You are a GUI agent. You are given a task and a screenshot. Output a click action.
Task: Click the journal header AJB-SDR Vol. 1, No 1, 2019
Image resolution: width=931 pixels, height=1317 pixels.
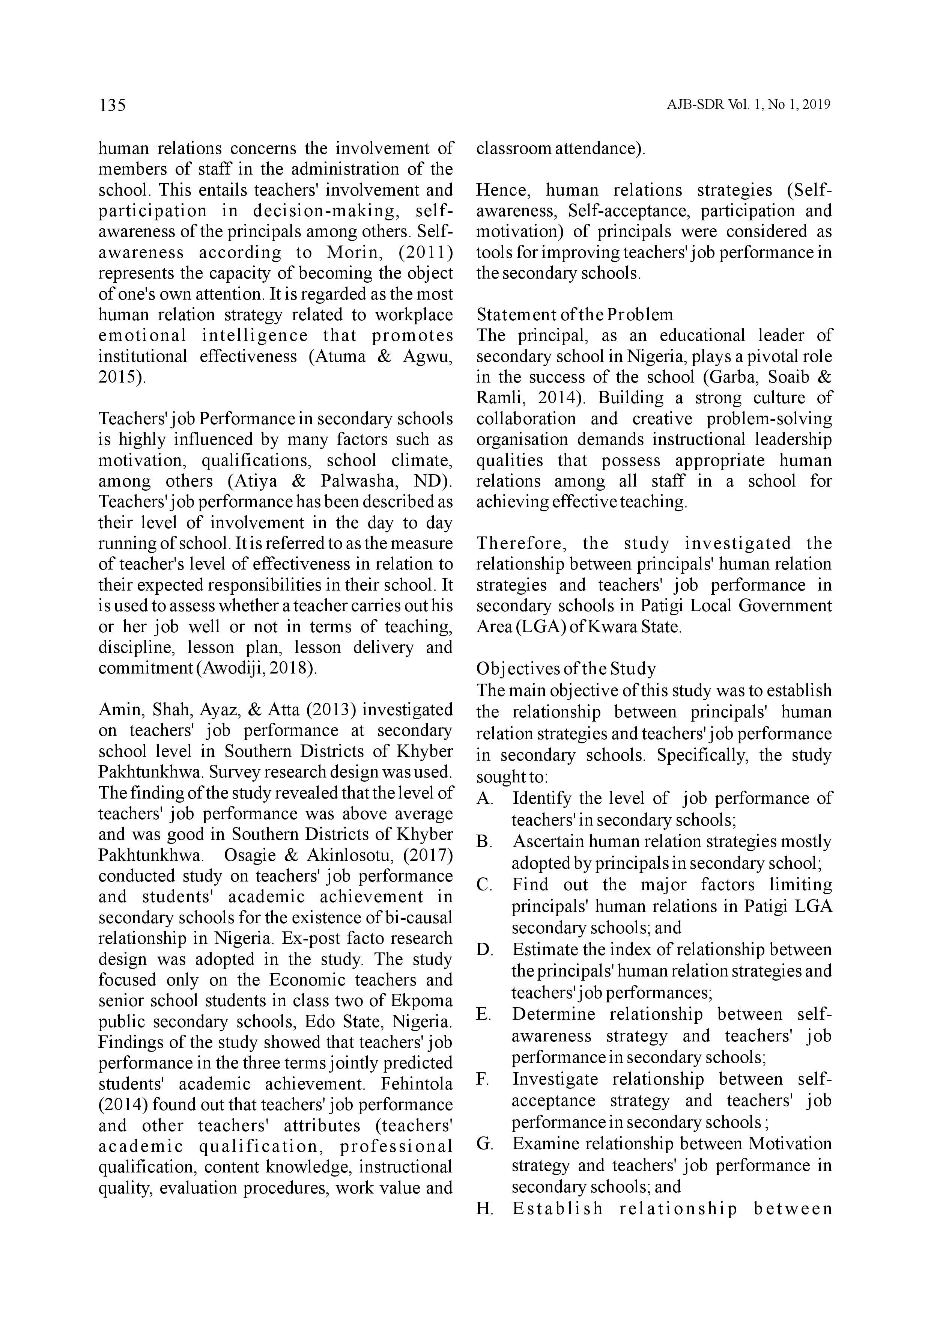(748, 105)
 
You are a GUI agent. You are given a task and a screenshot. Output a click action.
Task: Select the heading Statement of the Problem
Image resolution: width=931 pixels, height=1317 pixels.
(575, 315)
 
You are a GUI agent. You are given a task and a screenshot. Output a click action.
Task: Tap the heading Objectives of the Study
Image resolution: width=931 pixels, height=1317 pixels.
(566, 669)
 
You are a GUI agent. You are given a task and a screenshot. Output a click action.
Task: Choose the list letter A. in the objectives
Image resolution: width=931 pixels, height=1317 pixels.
(484, 799)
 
